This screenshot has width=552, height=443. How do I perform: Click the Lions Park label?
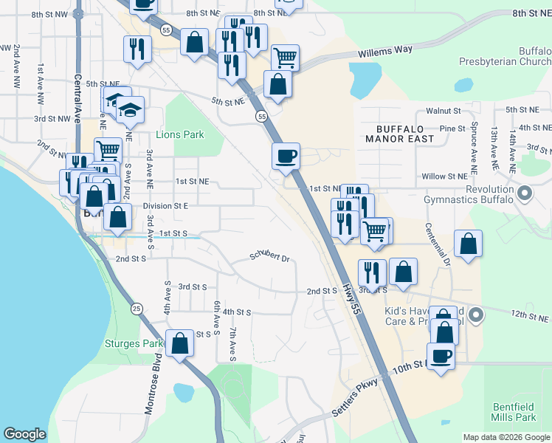click(180, 135)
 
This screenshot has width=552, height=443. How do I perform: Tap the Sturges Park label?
click(133, 343)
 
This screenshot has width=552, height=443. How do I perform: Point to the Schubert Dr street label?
click(269, 257)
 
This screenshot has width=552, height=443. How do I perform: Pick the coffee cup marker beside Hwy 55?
click(286, 157)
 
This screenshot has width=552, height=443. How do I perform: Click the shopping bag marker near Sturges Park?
click(179, 343)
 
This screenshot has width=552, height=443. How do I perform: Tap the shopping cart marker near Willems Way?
click(285, 56)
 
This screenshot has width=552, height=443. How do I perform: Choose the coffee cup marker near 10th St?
click(441, 356)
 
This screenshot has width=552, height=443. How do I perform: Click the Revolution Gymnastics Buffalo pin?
click(525, 194)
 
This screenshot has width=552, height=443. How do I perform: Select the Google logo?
click(25, 434)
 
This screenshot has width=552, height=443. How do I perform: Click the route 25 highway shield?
click(137, 308)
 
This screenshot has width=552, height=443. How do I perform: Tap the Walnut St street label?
click(444, 111)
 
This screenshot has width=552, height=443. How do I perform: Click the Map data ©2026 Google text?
click(506, 437)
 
